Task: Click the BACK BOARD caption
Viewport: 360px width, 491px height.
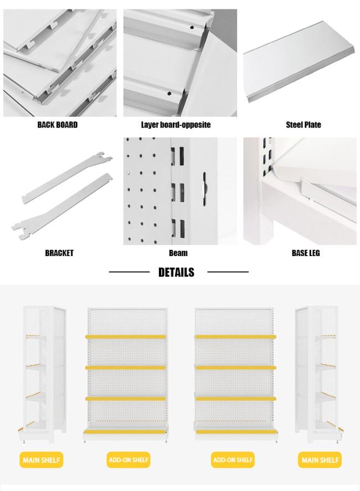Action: [58, 125]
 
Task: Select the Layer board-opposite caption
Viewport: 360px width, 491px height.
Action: [176, 125]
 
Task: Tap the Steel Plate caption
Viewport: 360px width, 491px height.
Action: [304, 125]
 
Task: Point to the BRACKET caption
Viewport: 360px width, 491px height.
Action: [59, 253]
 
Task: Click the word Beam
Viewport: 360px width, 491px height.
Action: [178, 253]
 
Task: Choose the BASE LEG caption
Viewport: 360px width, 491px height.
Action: [306, 253]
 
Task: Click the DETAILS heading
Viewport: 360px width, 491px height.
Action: [176, 272]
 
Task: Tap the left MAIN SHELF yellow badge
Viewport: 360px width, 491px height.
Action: [42, 460]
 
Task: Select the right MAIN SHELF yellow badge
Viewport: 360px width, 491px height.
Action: [320, 460]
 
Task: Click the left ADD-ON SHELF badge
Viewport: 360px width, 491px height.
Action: [128, 460]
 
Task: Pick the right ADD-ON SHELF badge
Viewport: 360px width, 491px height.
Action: [233, 460]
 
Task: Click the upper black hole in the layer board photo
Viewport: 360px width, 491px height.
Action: [192, 28]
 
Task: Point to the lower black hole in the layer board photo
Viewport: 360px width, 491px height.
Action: [169, 93]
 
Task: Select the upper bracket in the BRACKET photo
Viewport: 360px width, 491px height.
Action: [68, 177]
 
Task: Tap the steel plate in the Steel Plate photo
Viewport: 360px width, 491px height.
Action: [299, 63]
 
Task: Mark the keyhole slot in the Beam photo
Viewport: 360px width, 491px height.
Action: [205, 189]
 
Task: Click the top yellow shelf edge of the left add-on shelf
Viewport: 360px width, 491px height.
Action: [126, 337]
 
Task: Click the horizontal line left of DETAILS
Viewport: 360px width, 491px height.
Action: [129, 272]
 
